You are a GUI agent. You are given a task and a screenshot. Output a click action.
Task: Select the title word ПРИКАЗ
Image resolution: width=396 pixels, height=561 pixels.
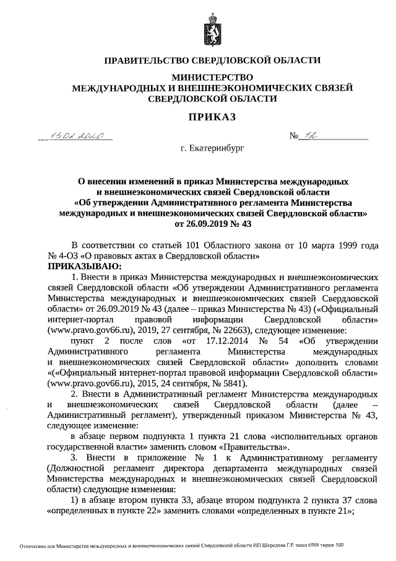point(212,117)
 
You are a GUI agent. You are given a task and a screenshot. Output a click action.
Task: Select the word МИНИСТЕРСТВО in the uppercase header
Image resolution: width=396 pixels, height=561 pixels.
point(212,78)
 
